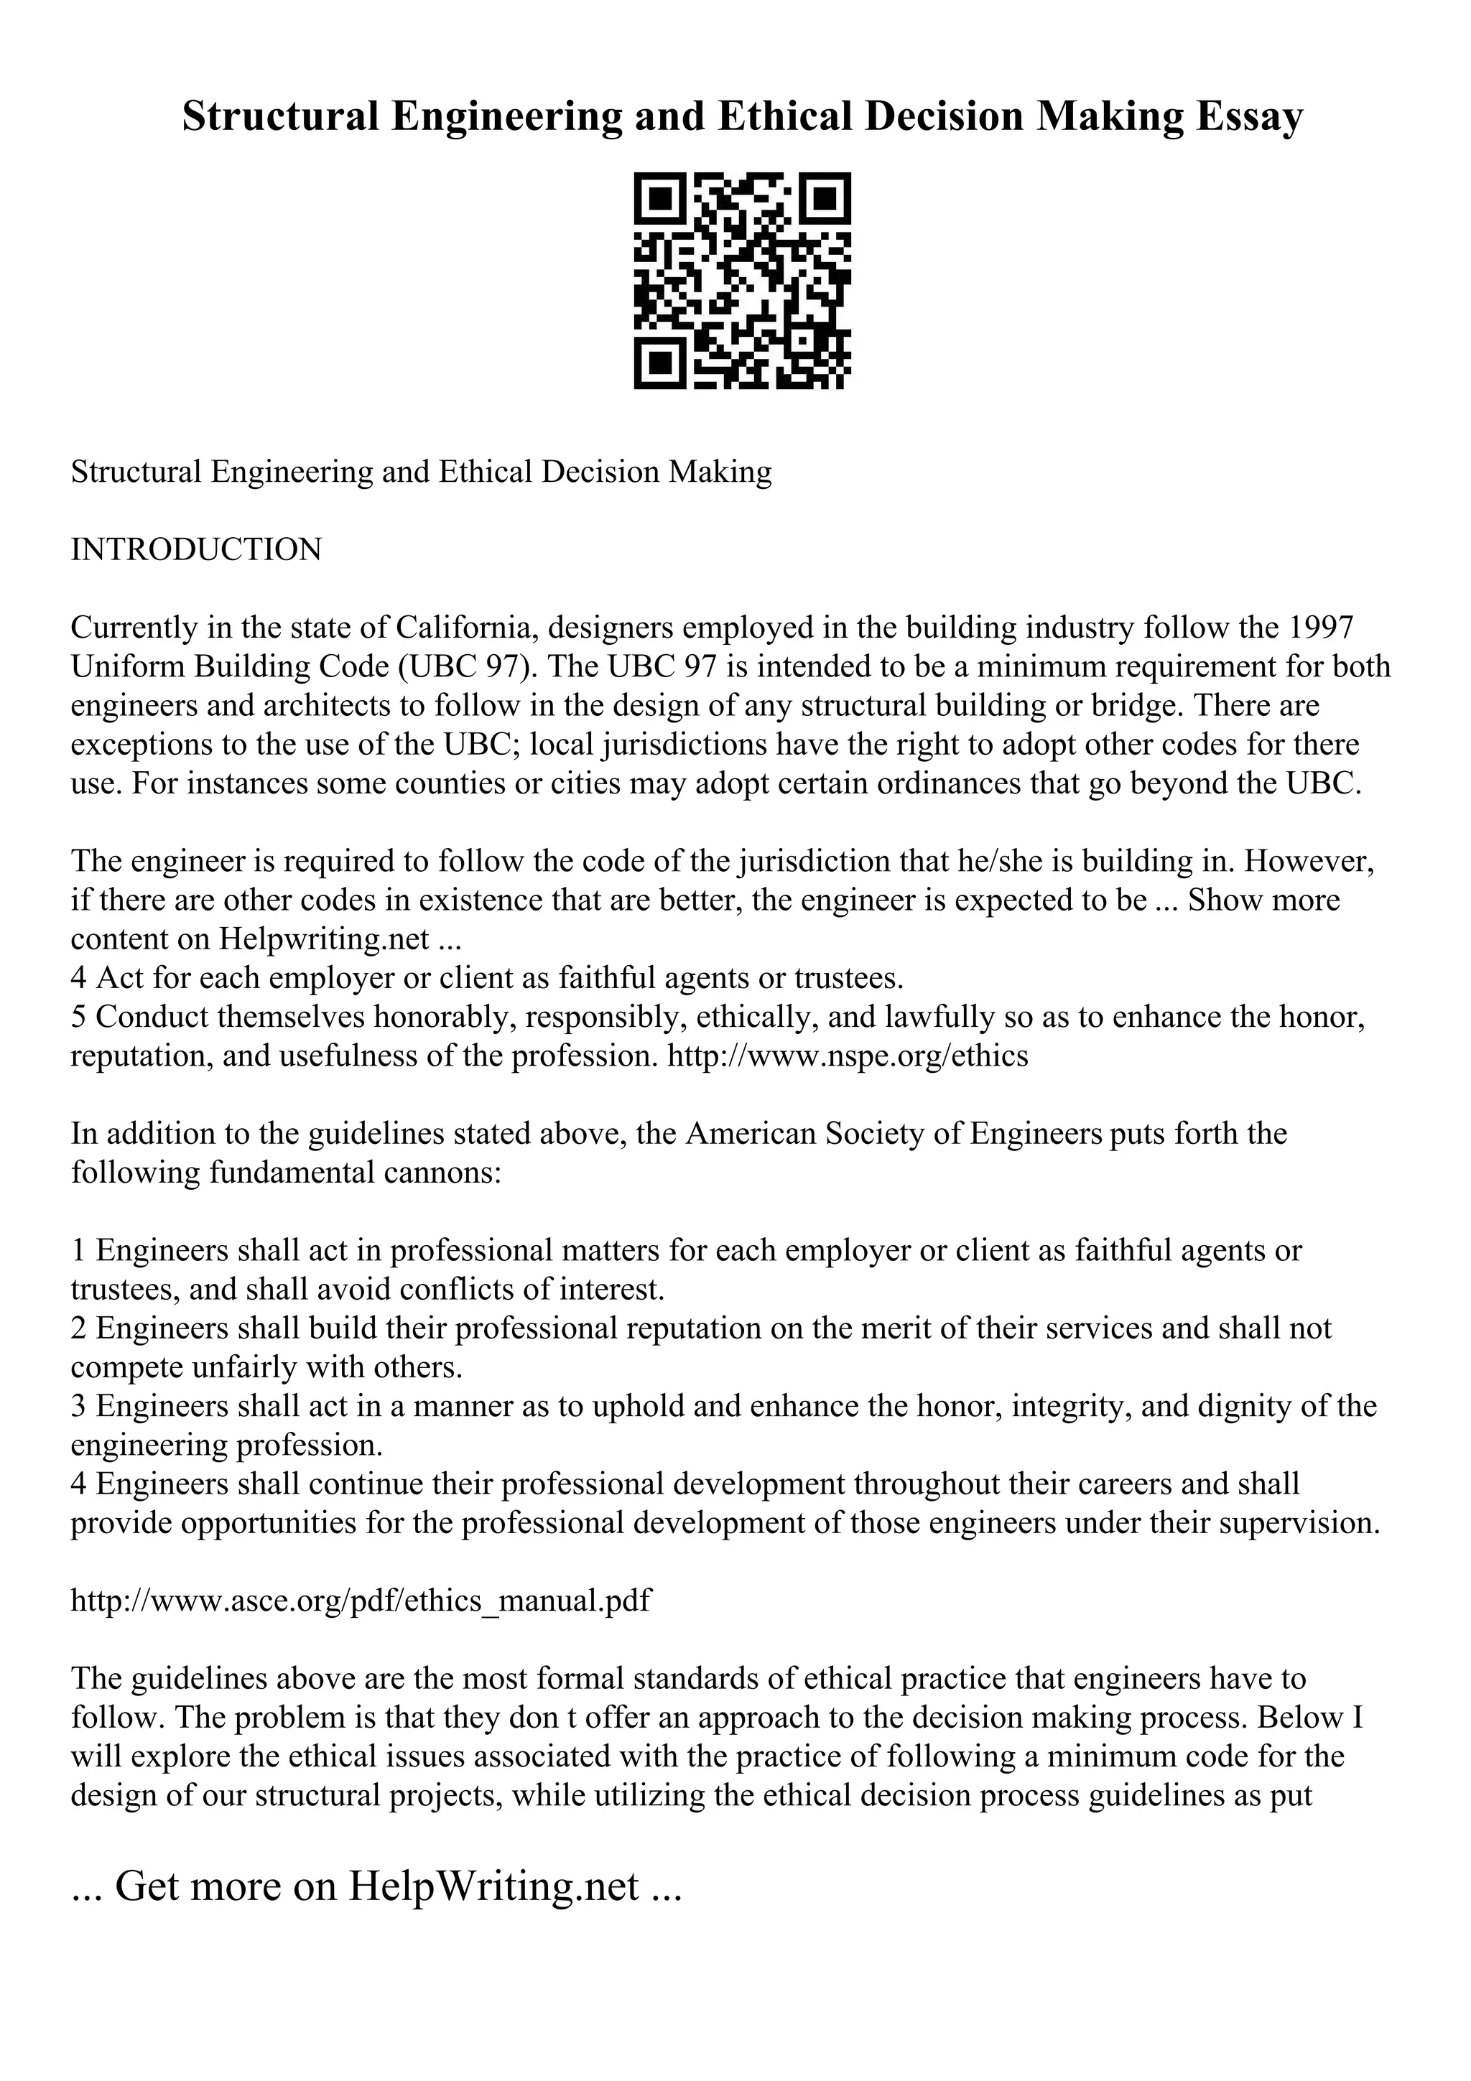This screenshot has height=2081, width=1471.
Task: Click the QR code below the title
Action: point(741,281)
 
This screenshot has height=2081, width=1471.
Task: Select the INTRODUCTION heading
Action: point(196,550)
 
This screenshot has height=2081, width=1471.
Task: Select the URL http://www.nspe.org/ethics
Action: point(848,1056)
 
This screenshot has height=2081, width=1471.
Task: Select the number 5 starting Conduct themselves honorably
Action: point(79,1017)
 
